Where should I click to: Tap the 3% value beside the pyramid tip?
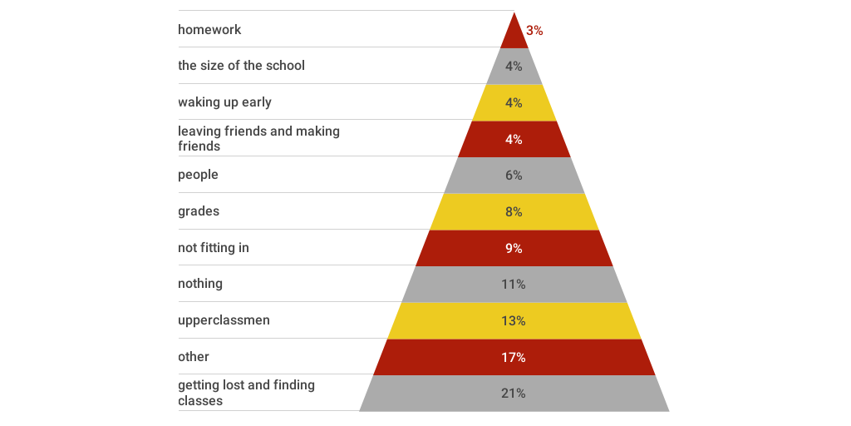534,30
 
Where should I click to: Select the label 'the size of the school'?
241,66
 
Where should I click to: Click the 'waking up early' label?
224,102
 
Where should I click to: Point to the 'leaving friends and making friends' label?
258,138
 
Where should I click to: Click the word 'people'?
198,175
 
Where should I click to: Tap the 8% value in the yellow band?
514,212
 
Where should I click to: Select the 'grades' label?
199,211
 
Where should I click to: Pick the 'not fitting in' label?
214,248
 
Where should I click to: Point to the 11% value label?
514,285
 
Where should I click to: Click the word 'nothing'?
200,284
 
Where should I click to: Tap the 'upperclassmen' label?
224,320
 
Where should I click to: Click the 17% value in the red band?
514,358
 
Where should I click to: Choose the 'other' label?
194,357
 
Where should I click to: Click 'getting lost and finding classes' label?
246,393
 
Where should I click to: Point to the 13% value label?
514,321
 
